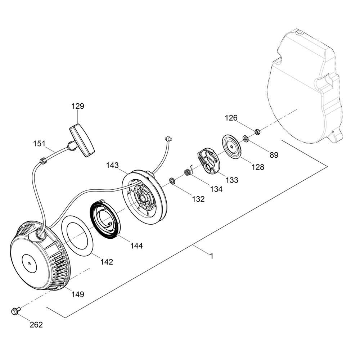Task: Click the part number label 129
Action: pos(78,106)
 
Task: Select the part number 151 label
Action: pos(39,144)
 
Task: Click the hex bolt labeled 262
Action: pos(15,311)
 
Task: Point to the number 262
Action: pos(36,325)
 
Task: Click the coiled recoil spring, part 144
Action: pos(105,218)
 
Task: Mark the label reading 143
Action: pos(112,165)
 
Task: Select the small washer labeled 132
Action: pos(172,180)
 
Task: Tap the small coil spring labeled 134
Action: pos(188,172)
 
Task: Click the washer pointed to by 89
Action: pos(246,139)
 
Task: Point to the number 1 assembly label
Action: pos(212,256)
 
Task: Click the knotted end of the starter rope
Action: pos(168,139)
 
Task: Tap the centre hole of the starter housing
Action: pos(30,264)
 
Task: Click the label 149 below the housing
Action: pos(78,294)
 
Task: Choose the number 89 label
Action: pos(274,155)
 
